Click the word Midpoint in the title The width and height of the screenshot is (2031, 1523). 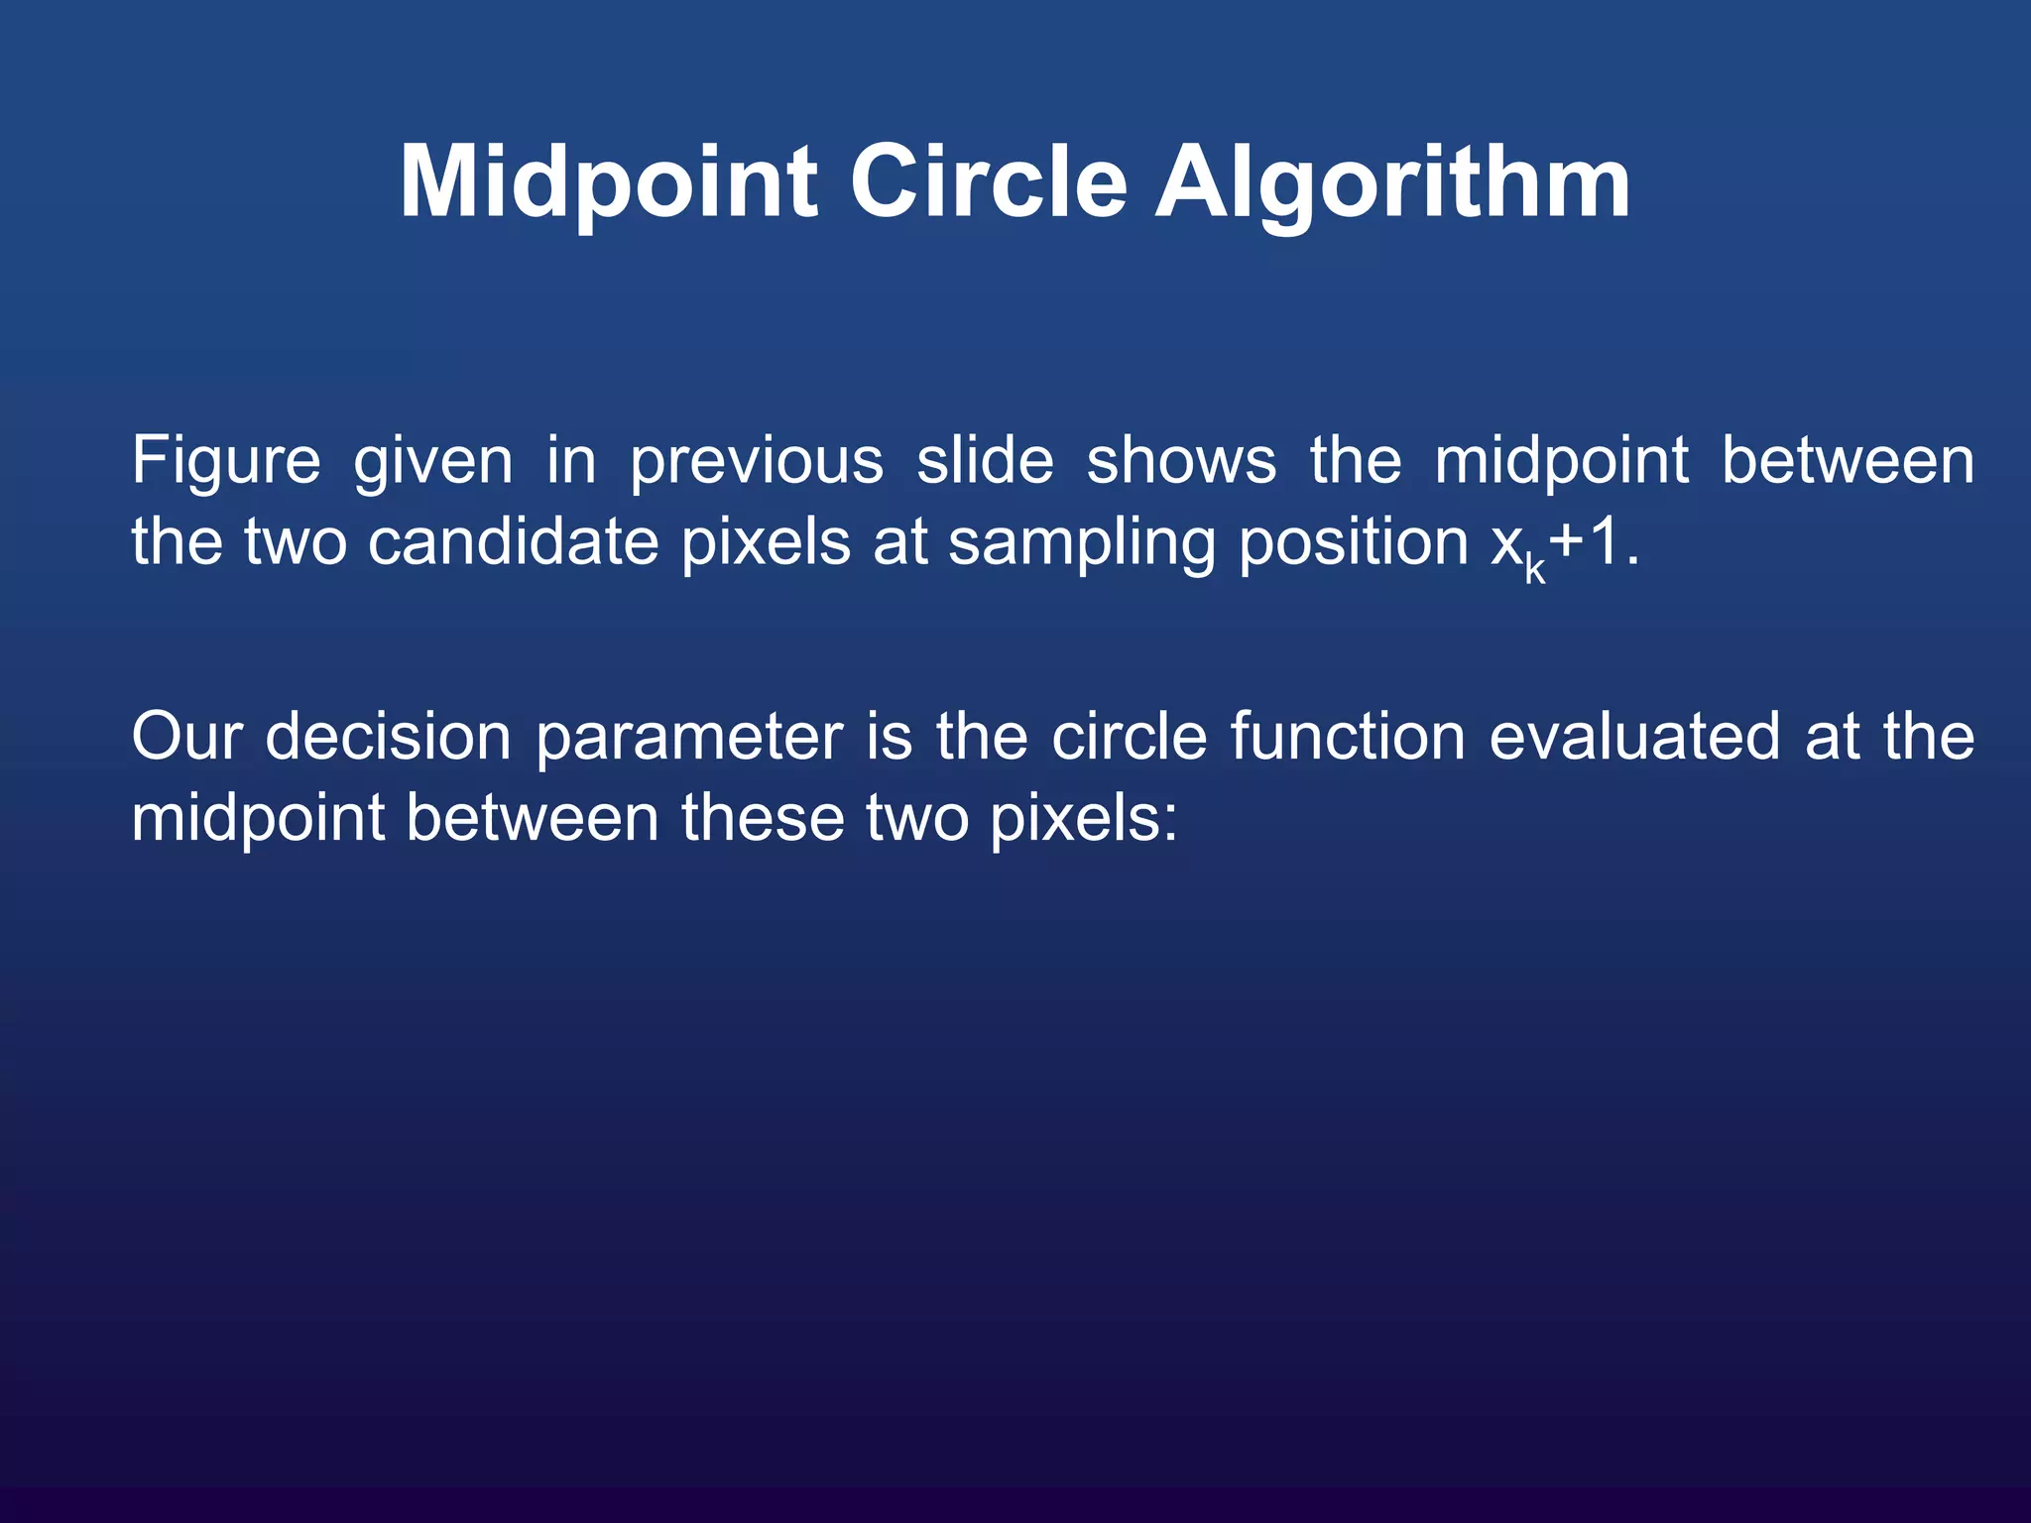click(x=608, y=183)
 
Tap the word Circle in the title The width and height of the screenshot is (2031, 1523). click(x=988, y=183)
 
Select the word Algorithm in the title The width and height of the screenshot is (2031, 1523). click(x=1392, y=183)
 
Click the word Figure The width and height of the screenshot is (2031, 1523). click(x=226, y=462)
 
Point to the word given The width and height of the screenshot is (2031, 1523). click(x=433, y=462)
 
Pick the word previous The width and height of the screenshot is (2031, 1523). click(x=756, y=462)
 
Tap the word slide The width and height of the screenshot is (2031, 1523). click(x=984, y=462)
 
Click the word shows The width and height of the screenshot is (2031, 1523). click(x=1181, y=462)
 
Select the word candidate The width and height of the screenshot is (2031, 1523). click(x=513, y=543)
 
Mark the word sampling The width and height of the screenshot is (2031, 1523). click(x=1080, y=543)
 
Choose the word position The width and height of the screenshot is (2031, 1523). click(x=1353, y=543)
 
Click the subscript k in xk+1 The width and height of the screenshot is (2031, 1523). click(x=1534, y=570)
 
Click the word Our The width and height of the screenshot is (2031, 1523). click(x=185, y=738)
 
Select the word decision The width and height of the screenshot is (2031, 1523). click(x=388, y=738)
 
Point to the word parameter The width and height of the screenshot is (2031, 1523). click(x=688, y=738)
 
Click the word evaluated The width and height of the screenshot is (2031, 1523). click(x=1633, y=738)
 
